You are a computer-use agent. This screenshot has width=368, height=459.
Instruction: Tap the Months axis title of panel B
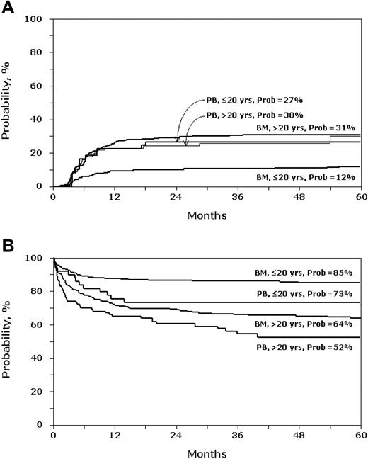click(207, 452)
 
